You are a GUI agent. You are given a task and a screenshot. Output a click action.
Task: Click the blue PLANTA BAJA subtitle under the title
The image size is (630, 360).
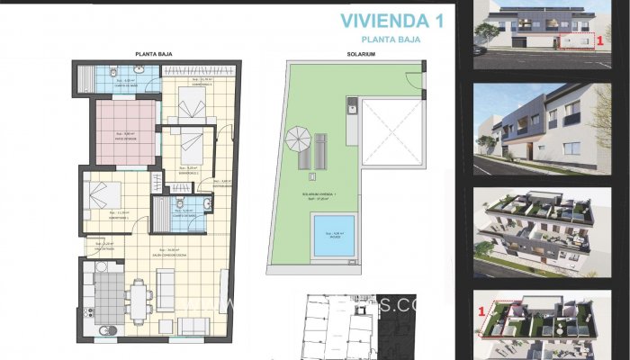pyautogui.click(x=394, y=40)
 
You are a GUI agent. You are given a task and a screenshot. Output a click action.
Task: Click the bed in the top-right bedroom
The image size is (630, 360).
pyautogui.click(x=193, y=106)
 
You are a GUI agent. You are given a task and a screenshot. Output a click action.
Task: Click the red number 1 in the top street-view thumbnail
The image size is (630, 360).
pyautogui.click(x=599, y=40)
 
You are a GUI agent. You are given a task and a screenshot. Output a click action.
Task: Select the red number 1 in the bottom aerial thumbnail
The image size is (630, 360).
pyautogui.click(x=481, y=311)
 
